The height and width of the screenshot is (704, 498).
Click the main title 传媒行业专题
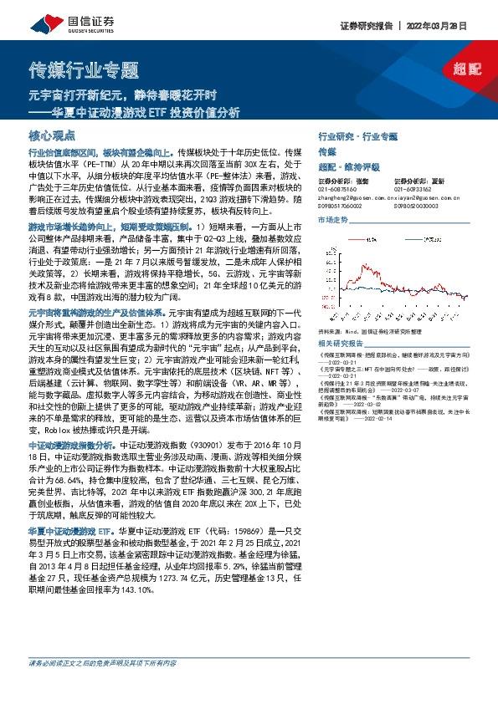[x=85, y=69]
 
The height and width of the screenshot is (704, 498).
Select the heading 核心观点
[x=51, y=135]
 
